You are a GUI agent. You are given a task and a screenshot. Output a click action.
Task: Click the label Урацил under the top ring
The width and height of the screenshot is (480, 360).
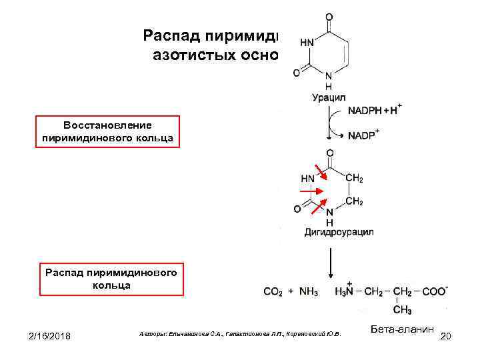tap(328, 98)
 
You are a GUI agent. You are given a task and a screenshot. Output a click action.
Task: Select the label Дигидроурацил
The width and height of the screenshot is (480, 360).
tap(339, 232)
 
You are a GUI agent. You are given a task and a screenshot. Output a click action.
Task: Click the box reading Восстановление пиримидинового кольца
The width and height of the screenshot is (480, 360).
tap(108, 132)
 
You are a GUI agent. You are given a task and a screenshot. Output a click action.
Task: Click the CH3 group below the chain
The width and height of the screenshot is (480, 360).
tap(402, 310)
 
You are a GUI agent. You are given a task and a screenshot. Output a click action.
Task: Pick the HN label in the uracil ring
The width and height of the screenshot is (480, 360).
tap(308, 41)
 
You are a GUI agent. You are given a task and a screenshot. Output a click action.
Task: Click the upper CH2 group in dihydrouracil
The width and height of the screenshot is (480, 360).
tap(354, 178)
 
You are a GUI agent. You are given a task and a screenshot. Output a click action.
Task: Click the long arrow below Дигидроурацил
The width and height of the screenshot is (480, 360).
tap(329, 263)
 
